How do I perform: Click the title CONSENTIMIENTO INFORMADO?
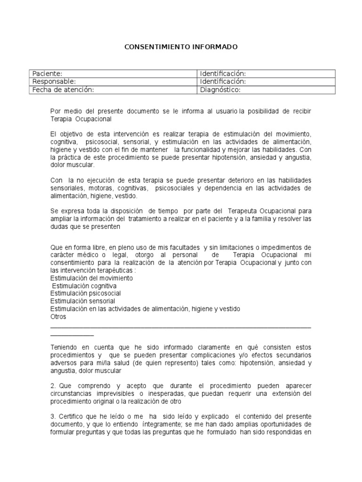[181, 47]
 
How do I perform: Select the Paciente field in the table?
[46, 73]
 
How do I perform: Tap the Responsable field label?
[53, 81]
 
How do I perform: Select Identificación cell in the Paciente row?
[223, 73]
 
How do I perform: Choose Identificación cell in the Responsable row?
[223, 81]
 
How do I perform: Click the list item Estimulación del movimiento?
[91, 278]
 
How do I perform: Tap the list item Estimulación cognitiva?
[84, 286]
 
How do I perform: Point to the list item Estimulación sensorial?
[82, 301]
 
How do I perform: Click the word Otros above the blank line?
[58, 316]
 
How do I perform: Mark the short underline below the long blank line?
[72, 335]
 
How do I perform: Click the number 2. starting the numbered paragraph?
[53, 386]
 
